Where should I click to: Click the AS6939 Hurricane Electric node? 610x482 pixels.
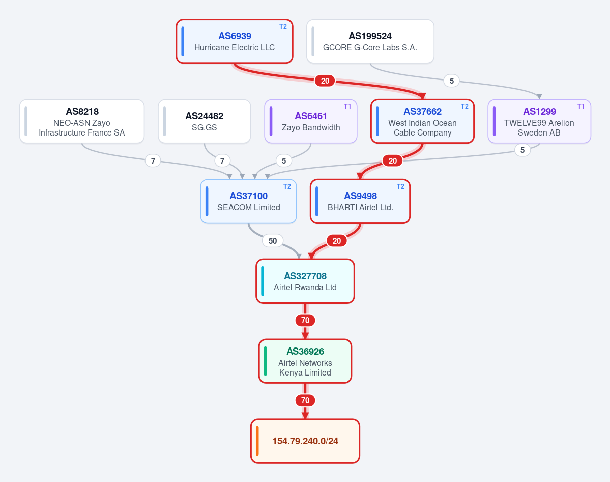(234, 41)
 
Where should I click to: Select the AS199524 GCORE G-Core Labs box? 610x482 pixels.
(370, 41)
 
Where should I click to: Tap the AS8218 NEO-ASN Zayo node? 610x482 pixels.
(82, 121)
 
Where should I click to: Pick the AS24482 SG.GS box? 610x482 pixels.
(204, 121)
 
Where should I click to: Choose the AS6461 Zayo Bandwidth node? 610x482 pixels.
(311, 121)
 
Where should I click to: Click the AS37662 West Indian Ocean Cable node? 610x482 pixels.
(422, 121)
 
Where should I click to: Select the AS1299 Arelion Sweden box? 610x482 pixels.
(539, 121)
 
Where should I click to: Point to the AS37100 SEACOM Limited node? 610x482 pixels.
(249, 201)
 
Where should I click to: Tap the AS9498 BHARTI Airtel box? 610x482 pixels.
(360, 201)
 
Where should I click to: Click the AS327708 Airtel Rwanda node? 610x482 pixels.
(305, 281)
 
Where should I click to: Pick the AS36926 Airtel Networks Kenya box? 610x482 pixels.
(305, 361)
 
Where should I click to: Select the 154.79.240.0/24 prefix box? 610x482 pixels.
(305, 441)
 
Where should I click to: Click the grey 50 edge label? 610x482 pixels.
(273, 241)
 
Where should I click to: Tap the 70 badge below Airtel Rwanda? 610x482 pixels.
(305, 320)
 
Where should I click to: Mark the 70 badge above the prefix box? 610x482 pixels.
(305, 400)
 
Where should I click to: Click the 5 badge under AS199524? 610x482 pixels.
(452, 81)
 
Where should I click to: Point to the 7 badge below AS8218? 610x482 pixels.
(153, 160)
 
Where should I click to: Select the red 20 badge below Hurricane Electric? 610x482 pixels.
(325, 81)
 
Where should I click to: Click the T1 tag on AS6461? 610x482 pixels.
(347, 106)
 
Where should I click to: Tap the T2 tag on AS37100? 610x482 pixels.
(287, 186)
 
